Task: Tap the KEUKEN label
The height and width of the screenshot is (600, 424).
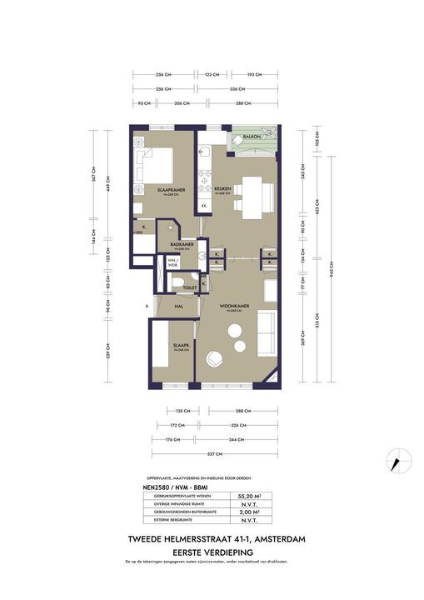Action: click(x=222, y=189)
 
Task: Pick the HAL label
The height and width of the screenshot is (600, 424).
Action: click(x=178, y=307)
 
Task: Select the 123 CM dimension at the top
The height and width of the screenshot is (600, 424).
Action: click(x=212, y=74)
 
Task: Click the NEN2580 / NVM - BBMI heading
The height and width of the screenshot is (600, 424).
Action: click(x=177, y=484)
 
